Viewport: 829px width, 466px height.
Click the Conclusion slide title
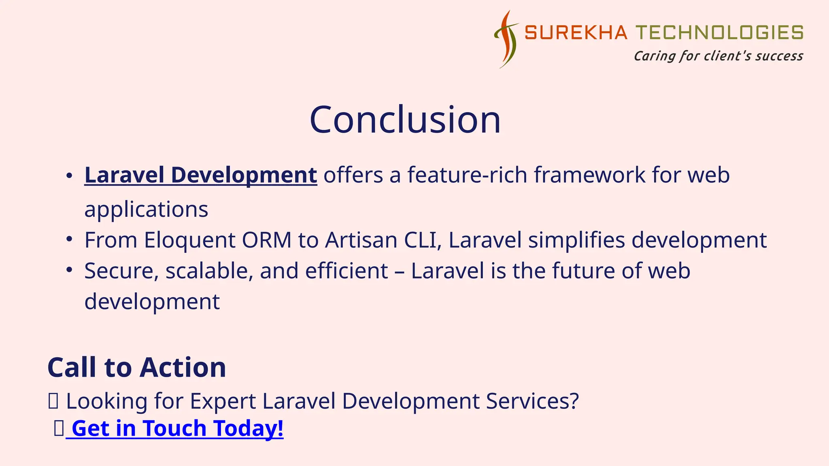(405, 120)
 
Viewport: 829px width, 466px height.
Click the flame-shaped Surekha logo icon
(506, 40)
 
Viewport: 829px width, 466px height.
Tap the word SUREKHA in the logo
(576, 33)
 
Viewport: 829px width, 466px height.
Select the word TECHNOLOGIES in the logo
(719, 33)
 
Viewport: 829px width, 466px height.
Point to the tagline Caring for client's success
(718, 56)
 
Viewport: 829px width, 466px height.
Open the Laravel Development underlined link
(200, 175)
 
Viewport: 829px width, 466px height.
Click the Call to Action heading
(136, 367)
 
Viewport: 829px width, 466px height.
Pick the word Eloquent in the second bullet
(189, 240)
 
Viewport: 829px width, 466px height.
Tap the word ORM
(266, 240)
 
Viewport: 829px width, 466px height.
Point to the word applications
(146, 210)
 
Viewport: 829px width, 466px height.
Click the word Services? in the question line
(532, 401)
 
